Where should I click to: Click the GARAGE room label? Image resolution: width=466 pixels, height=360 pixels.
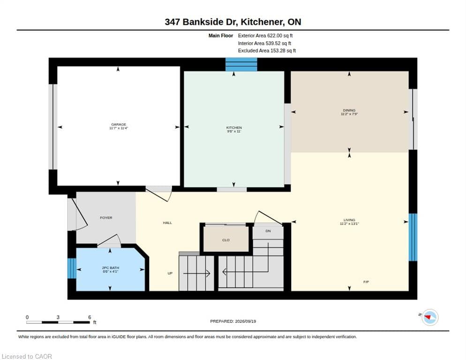click(119, 124)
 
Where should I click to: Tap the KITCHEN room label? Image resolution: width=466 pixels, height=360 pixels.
click(234, 127)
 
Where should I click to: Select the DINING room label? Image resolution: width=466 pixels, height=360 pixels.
click(349, 110)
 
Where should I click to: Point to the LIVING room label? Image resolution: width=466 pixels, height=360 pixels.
click(349, 220)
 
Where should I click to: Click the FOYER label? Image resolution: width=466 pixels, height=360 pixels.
click(106, 217)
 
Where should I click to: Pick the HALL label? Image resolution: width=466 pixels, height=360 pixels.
click(167, 223)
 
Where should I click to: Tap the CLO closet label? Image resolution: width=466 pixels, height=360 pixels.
click(226, 240)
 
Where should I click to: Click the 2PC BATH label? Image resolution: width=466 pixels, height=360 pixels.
click(111, 268)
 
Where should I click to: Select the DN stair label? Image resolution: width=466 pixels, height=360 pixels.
click(268, 231)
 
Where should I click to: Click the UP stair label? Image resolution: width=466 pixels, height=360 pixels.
click(170, 273)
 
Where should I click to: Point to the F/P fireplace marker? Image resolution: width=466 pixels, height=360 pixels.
click(366, 282)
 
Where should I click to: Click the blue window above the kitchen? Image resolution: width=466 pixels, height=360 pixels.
click(241, 65)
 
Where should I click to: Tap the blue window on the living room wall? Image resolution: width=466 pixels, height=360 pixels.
click(413, 237)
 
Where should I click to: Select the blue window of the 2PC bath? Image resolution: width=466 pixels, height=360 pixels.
click(72, 268)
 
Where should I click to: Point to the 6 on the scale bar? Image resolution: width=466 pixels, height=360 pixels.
click(90, 317)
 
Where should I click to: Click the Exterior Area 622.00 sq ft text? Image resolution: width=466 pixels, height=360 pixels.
click(265, 36)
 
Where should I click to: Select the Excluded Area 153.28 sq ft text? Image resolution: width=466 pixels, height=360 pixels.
click(267, 51)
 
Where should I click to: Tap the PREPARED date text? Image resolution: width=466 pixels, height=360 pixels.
click(233, 322)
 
